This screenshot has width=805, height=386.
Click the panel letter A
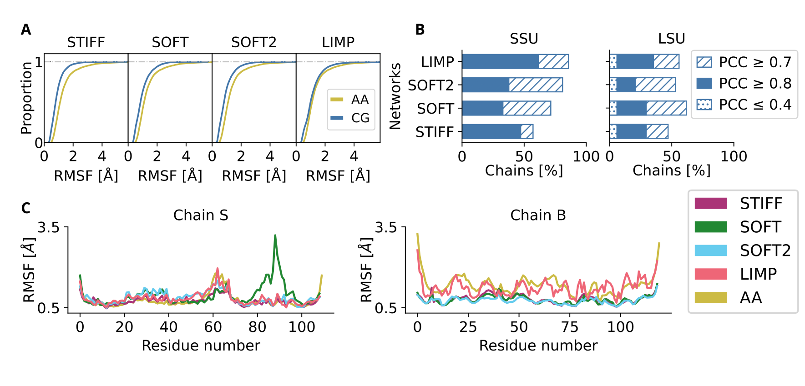tap(26, 30)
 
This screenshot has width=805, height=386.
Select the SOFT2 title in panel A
tap(253, 42)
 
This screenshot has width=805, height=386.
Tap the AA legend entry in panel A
tap(350, 100)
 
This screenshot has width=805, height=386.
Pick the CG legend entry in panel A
tap(350, 118)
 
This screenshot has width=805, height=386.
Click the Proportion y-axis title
tap(27, 98)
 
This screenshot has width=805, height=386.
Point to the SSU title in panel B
tap(524, 39)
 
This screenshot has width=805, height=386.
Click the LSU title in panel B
tap(671, 39)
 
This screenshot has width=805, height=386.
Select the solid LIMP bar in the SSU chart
tap(500, 61)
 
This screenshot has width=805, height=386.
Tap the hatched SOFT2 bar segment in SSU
tap(536, 85)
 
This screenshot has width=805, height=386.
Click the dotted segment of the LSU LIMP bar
tap(613, 61)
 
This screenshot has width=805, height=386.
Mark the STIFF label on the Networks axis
tap(435, 132)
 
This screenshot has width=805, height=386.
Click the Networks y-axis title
tap(395, 96)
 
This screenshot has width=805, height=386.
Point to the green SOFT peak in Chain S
tap(275, 236)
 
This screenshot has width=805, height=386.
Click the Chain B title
tap(538, 215)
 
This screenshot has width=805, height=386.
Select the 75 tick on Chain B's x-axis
tap(570, 327)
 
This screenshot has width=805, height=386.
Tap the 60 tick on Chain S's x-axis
tap(213, 327)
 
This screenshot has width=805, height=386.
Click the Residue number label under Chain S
tap(201, 346)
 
